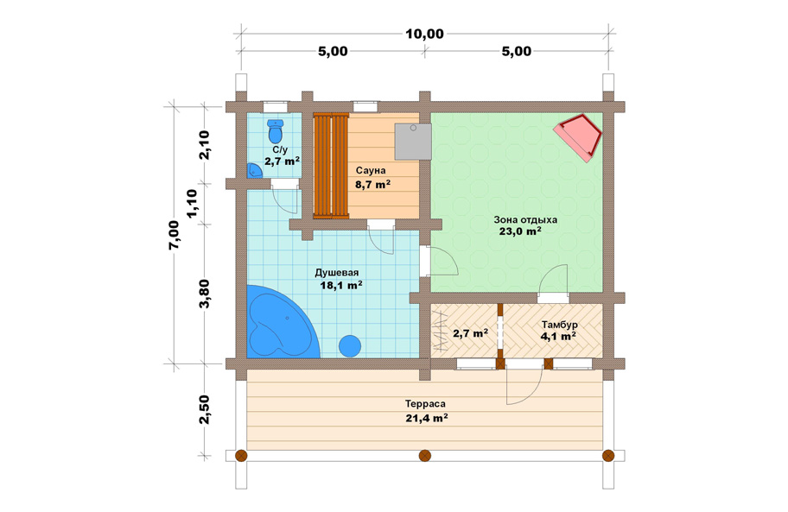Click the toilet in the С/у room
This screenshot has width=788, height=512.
pos(275,131)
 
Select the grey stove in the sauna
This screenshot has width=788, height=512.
pos(413,142)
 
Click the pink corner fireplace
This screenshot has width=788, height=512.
pos(578,137)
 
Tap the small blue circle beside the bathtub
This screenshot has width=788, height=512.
pos(350,346)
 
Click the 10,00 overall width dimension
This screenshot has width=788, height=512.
pos(424,35)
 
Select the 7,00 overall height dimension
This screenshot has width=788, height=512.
pos(174,235)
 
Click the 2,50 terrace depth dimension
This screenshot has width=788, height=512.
pos(205,409)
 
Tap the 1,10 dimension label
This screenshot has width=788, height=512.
pos(192,204)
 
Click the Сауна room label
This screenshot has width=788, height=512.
pos(371,171)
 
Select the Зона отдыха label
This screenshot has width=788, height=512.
pos(525,220)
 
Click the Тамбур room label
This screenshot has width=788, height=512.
pos(559,325)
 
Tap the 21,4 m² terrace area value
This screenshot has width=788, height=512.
pos(427,418)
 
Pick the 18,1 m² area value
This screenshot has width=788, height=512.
pos(342,285)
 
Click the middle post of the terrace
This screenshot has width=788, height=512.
pos(424,456)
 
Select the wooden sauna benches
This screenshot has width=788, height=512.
pos(331,166)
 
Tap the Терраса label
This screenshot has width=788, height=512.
pos(425,404)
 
